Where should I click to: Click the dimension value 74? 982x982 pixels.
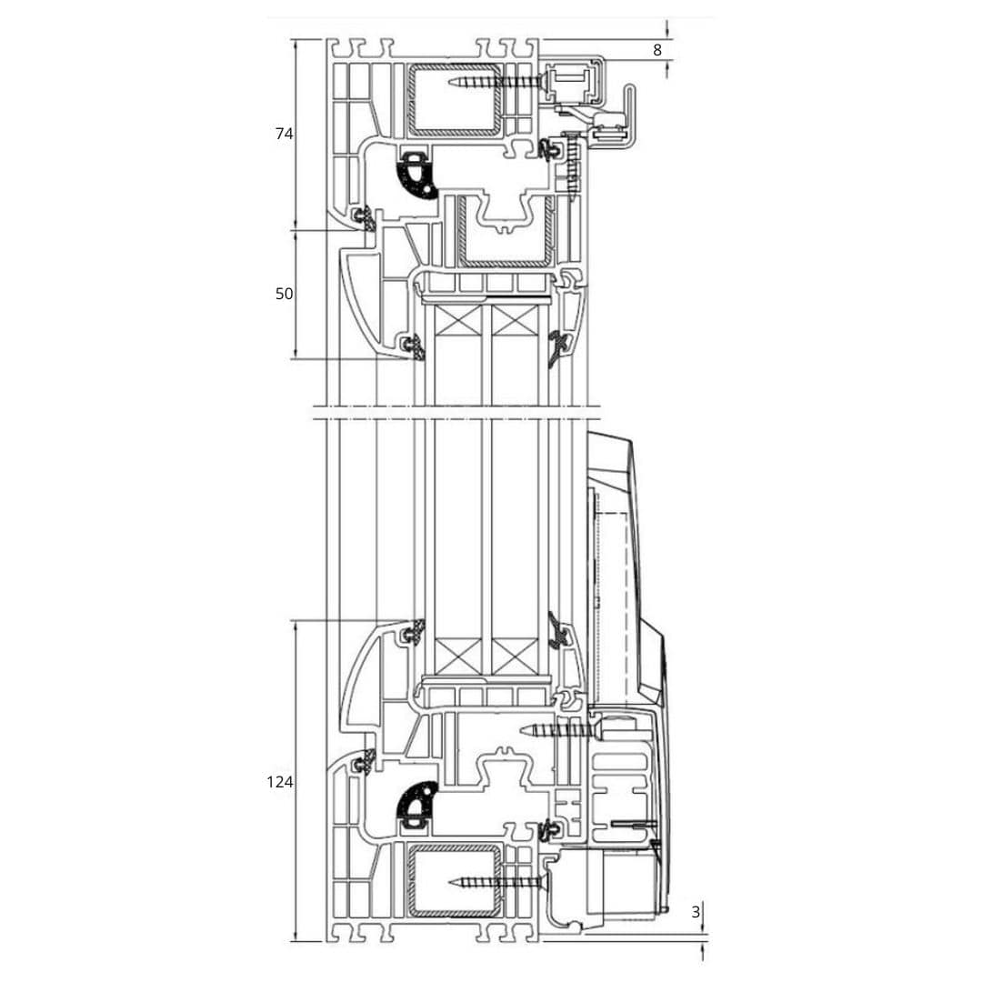click(284, 134)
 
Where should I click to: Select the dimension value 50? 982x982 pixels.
click(284, 294)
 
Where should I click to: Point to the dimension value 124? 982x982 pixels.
click(279, 781)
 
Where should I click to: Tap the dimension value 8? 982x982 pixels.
click(657, 50)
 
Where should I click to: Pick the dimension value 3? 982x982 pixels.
click(696, 912)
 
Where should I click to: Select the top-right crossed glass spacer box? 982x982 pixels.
click(516, 321)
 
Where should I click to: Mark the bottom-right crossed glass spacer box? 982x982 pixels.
click(516, 653)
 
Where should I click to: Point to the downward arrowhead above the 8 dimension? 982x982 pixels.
click(668, 32)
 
